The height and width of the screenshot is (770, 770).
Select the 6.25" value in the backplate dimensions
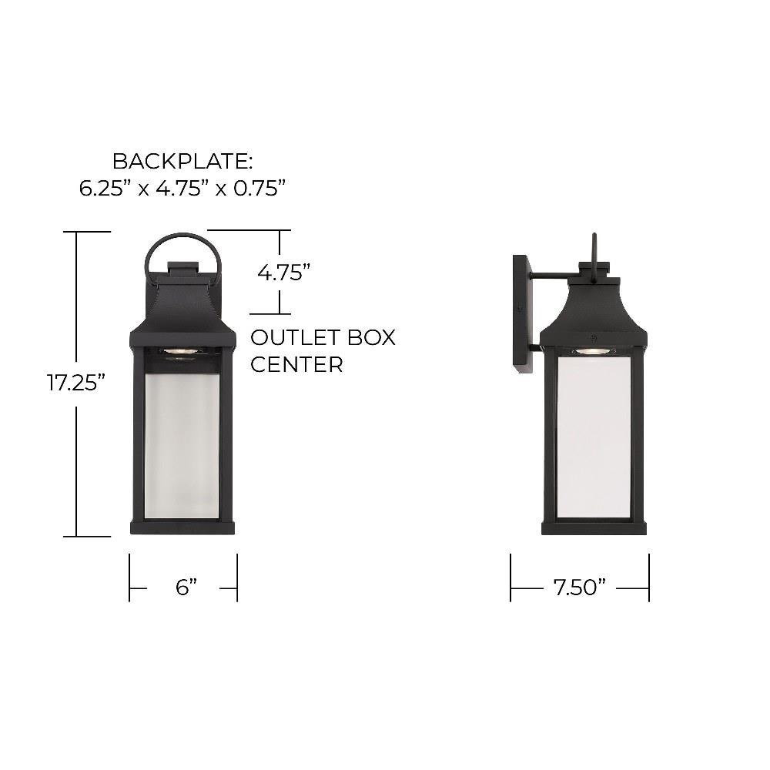105,188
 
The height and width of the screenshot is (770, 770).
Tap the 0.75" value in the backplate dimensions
259,188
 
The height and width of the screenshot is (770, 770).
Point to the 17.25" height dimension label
76,383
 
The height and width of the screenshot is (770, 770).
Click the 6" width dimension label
186,587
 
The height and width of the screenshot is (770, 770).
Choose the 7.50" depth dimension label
580,587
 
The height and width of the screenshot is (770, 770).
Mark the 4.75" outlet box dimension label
284,273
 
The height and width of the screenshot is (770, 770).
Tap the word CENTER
296,364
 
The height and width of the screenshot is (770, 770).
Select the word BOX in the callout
371,337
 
